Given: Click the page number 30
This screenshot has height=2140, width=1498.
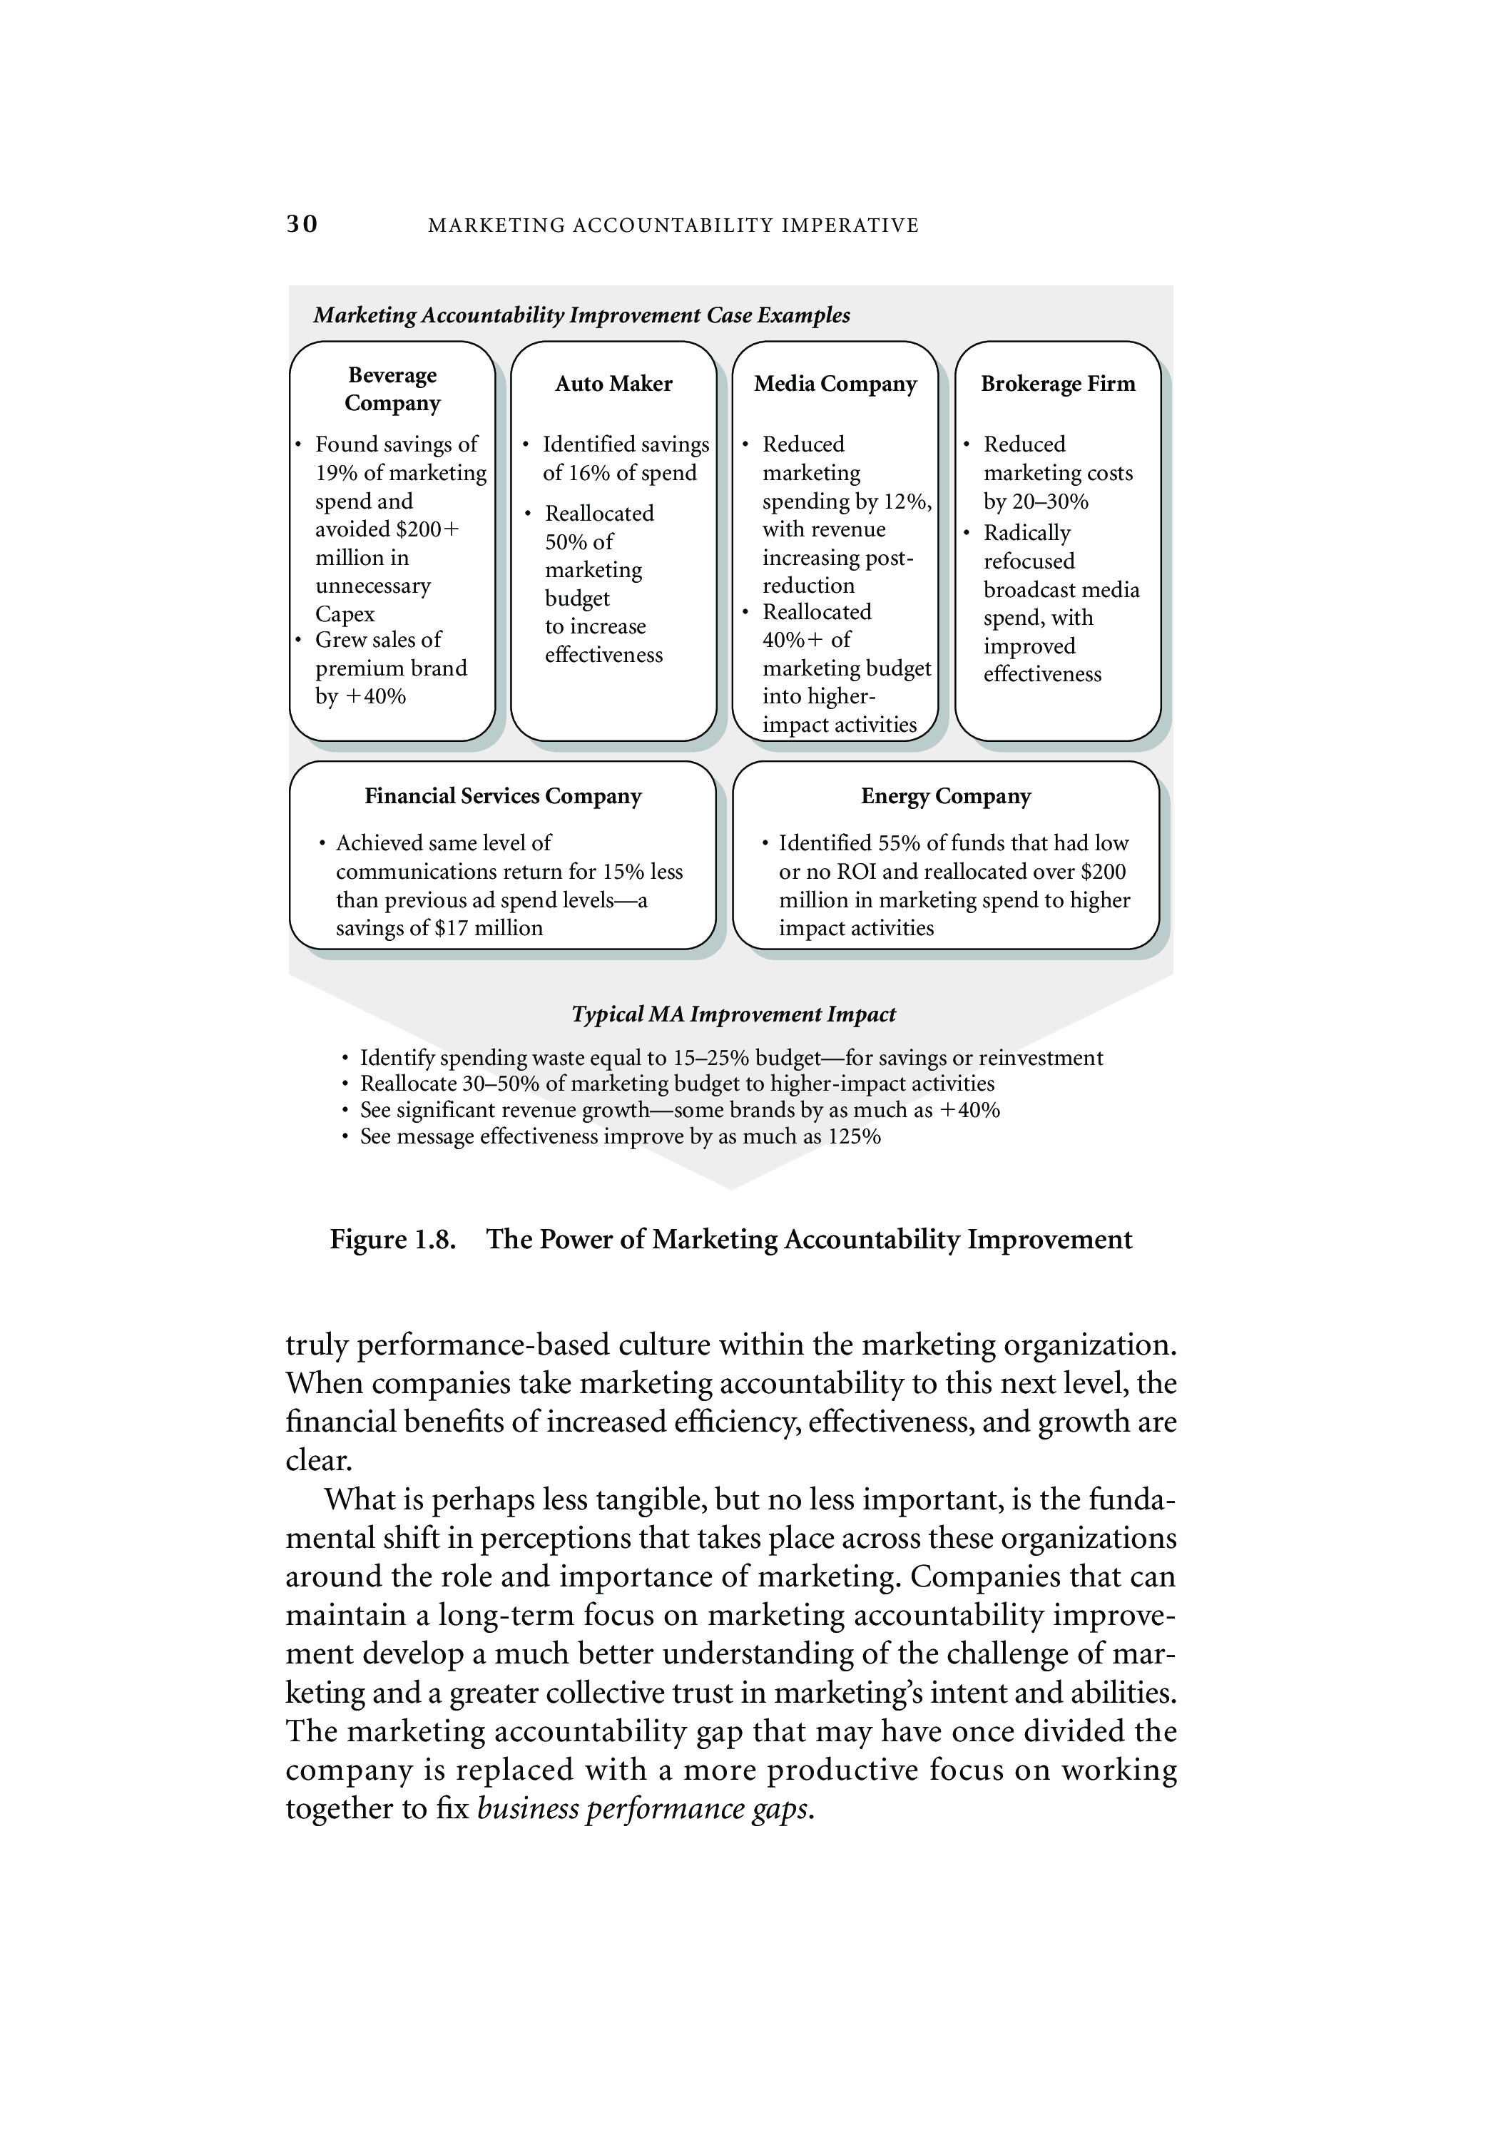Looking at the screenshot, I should coord(302,225).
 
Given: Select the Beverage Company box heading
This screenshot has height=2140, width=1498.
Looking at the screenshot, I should coord(392,389).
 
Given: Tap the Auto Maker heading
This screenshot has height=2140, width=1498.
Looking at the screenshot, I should coord(613,384).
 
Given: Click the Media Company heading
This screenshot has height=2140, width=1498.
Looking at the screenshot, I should coord(835,384).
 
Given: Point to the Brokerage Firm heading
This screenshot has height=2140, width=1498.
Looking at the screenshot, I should coord(1058,384).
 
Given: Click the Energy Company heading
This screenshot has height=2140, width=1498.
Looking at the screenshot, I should coord(945,796).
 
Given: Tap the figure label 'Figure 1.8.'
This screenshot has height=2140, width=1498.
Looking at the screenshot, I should coord(392,1240).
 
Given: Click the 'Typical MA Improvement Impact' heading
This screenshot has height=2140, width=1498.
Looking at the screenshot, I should coord(733,1014).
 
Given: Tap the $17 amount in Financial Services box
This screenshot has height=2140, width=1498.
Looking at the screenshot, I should coord(453,928).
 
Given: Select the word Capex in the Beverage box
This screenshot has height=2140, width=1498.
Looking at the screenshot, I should coord(345,615).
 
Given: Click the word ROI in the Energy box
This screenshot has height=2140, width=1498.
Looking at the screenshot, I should coord(849,872).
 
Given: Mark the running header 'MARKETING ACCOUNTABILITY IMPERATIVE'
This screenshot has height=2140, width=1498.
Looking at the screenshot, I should coord(673,225).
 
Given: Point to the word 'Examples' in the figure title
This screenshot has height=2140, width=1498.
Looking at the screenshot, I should coord(803,315).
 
